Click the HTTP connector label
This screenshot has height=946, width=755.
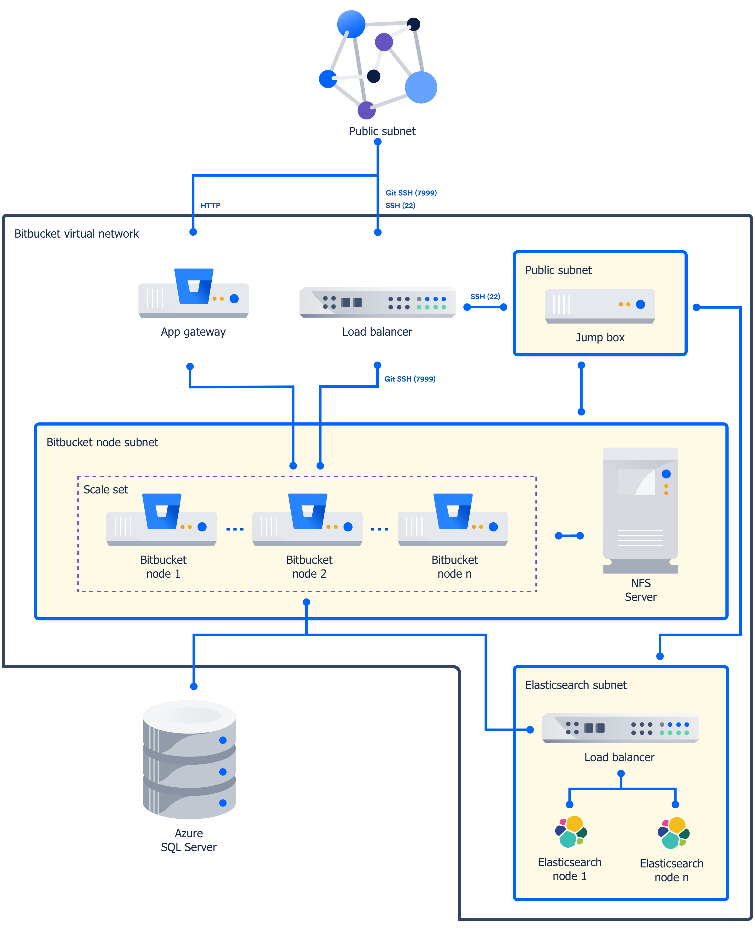(210, 205)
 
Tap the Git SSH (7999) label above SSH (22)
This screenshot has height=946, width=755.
(411, 193)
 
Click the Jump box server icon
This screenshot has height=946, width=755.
(600, 306)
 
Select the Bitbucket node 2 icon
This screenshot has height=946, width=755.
(307, 520)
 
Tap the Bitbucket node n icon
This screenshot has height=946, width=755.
(452, 520)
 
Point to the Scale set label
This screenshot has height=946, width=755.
(105, 489)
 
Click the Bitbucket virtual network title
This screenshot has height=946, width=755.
(76, 234)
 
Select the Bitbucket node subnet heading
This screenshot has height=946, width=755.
(102, 442)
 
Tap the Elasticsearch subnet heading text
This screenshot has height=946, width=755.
(575, 685)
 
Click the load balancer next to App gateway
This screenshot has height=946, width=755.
(377, 302)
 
